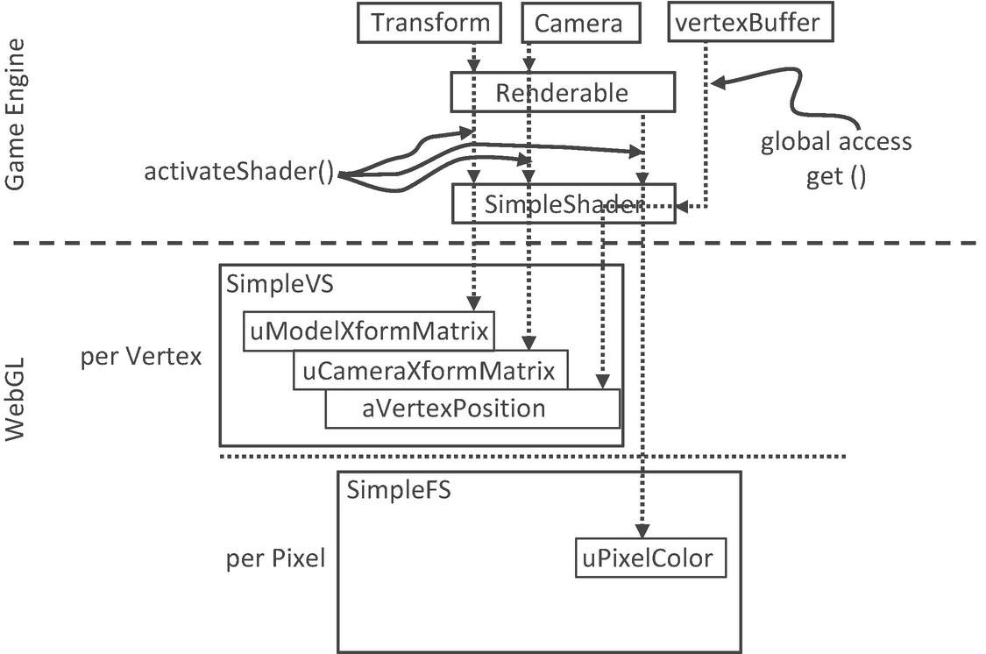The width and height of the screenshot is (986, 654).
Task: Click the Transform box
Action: coord(429,23)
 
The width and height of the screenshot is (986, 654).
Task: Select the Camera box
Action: coord(578,23)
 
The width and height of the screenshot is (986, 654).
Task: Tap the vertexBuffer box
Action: coord(749,23)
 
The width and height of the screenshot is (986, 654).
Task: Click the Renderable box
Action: coord(562,92)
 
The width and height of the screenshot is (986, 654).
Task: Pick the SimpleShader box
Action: coord(563,203)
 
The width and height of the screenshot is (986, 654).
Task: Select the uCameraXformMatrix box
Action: coord(429,370)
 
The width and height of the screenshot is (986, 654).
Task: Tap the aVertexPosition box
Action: coord(472,409)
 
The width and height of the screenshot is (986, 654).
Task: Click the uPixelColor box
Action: coord(650,558)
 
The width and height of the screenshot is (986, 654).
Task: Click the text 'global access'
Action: coord(835,142)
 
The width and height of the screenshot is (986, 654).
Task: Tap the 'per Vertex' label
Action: coord(140,358)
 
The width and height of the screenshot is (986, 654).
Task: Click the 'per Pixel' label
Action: coord(275,558)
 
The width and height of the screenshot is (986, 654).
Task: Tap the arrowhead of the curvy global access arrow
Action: coord(718,83)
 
